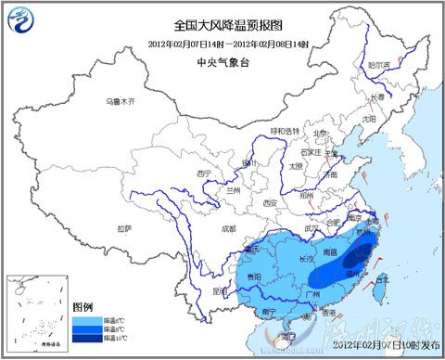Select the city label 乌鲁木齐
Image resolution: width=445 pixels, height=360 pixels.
(119, 100)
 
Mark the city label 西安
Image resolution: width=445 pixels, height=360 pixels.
(270, 202)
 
